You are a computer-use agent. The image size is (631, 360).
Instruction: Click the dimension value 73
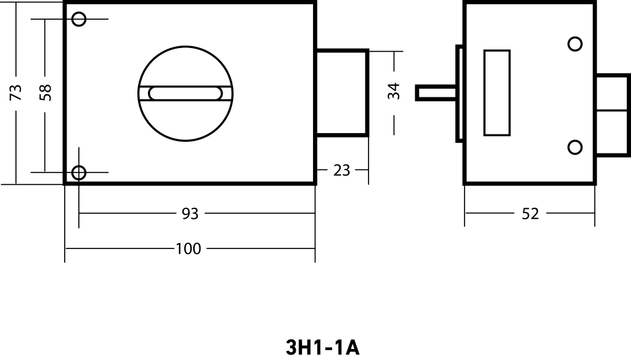coord(17,92)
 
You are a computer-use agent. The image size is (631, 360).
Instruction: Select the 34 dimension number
coord(395,91)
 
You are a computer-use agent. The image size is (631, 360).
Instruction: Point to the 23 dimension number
coord(341,170)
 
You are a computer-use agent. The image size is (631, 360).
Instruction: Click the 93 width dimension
coord(190,214)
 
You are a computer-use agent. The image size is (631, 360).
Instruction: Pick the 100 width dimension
coord(188,249)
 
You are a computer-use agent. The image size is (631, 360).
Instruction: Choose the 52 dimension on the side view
coord(530,214)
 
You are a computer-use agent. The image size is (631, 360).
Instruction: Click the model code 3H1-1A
coord(322,347)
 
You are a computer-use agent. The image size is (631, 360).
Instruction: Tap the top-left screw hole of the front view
coord(79,19)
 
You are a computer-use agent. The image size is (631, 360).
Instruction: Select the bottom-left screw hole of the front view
coord(79,172)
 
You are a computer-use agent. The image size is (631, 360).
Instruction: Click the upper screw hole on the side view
coord(575,44)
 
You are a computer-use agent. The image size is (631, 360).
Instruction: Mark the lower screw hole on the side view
coord(575,147)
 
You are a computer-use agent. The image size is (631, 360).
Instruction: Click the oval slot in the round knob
coord(185,93)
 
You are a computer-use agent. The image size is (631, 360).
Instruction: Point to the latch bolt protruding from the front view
coord(342,92)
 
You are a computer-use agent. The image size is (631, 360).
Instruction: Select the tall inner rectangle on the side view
coord(497,92)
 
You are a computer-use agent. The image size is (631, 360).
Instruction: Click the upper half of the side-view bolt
coord(613,92)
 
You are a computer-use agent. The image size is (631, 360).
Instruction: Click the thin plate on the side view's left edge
coord(459,92)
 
